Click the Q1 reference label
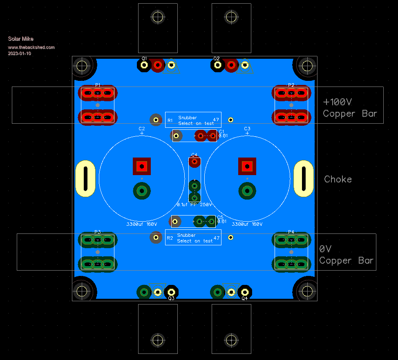click(x=144, y=58)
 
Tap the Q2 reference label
click(x=217, y=58)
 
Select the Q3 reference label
click(x=171, y=298)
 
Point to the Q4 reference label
click(x=244, y=298)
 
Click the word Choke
click(x=338, y=179)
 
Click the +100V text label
click(x=338, y=102)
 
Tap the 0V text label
click(x=325, y=249)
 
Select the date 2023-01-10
click(x=19, y=53)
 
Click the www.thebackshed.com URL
click(x=31, y=47)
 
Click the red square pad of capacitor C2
click(x=142, y=166)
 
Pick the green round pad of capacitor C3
click(x=247, y=191)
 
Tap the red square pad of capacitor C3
click(x=247, y=166)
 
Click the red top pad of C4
click(x=195, y=162)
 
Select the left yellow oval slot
click(x=85, y=179)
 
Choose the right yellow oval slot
click(x=304, y=179)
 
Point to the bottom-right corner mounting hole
click(x=306, y=291)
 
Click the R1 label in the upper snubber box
click(x=170, y=120)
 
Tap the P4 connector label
click(x=291, y=232)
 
